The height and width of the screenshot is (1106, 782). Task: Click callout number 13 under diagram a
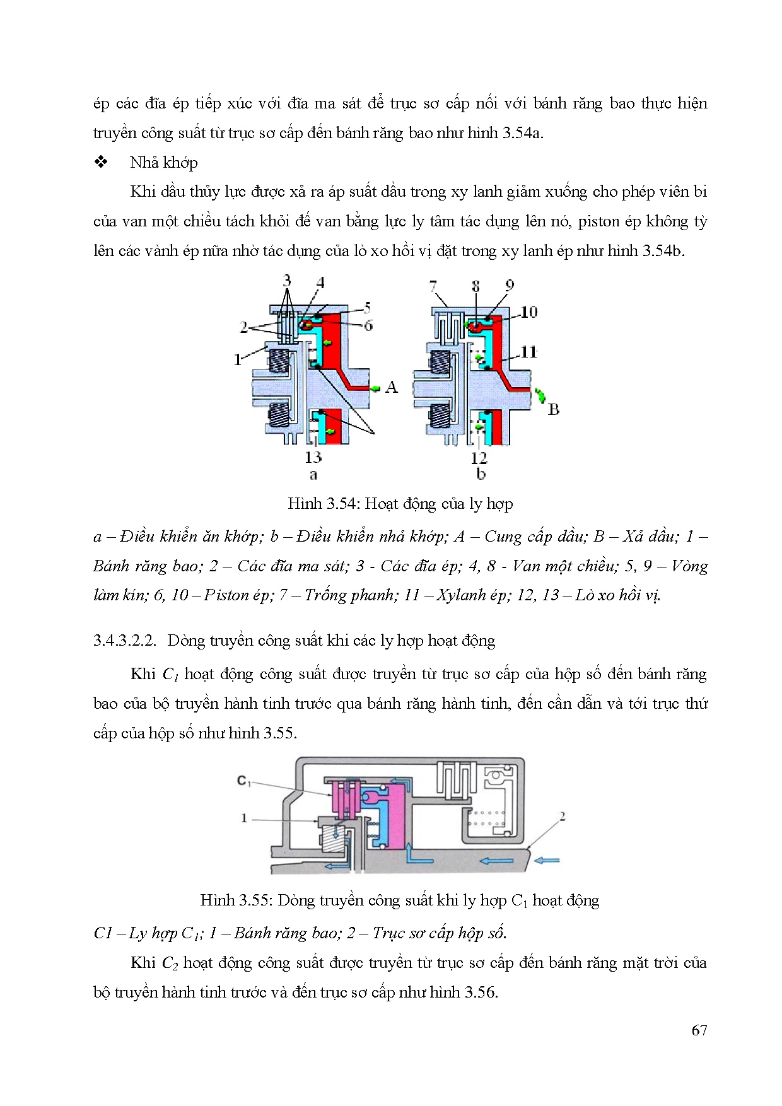[313, 457]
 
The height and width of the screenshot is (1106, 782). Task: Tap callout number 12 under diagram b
[479, 458]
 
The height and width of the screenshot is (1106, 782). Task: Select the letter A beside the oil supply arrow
[392, 387]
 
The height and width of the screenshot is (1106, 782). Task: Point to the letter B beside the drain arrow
[553, 409]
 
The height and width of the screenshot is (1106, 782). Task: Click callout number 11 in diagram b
[528, 351]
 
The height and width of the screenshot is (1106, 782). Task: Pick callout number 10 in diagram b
[528, 311]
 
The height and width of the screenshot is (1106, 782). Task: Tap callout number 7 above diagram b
[433, 287]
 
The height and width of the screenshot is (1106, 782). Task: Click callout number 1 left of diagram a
[238, 359]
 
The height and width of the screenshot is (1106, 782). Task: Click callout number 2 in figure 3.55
[562, 817]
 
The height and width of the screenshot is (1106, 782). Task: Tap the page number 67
[699, 1030]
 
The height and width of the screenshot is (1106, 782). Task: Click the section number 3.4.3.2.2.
[124, 641]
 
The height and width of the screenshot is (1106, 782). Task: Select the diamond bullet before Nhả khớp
[101, 162]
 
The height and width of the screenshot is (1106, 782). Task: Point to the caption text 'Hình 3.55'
[236, 900]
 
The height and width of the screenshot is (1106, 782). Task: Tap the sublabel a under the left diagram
[313, 474]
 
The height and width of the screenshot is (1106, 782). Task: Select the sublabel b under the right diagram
[481, 474]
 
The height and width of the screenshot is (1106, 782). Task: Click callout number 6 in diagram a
[368, 325]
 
